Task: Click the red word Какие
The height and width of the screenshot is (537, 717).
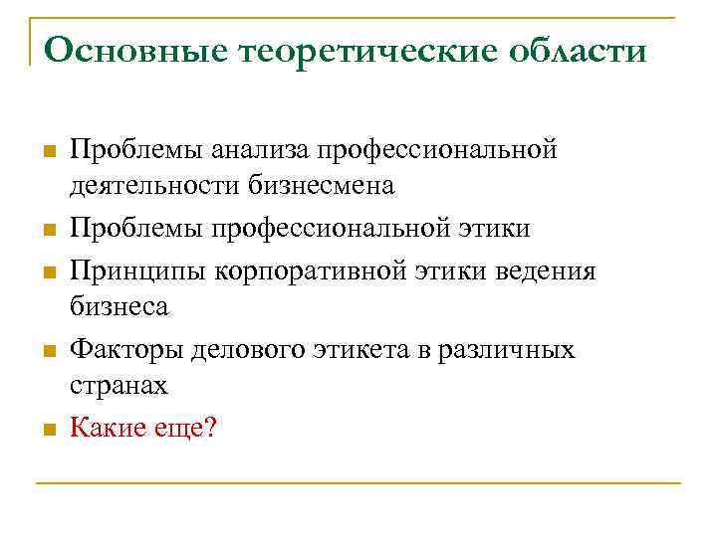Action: click(x=108, y=430)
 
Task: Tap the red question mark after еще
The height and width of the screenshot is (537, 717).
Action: click(x=208, y=430)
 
